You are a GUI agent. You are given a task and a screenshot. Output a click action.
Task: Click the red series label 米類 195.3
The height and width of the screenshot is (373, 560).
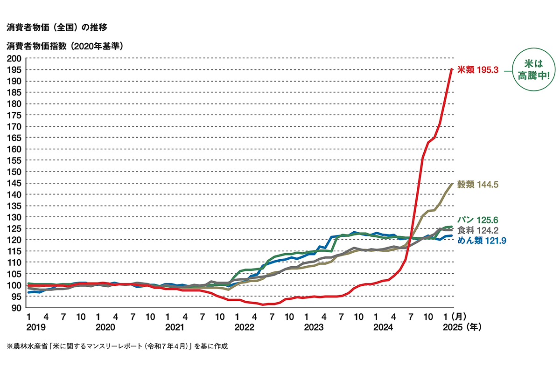point(478,69)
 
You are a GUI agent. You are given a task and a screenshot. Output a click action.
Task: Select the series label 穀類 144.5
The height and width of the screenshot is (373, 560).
point(478,185)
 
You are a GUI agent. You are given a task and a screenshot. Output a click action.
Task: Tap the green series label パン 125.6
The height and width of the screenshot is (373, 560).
point(478,219)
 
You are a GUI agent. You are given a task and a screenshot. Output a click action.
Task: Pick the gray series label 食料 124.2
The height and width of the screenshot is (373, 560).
point(478,230)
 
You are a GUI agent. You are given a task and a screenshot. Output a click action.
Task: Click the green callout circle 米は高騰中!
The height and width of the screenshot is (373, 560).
point(534,69)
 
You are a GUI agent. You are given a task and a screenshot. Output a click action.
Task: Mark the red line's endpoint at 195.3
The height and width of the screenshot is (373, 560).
point(452,69)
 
